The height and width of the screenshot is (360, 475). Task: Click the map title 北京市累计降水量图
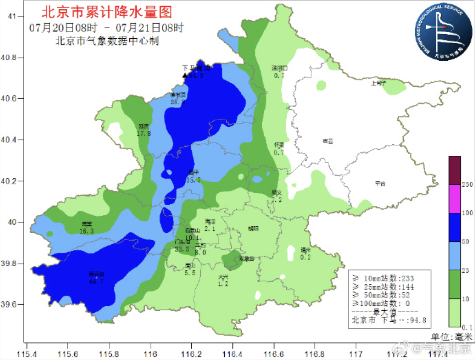[x=106, y=11]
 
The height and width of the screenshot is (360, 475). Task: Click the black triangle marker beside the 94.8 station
[x=185, y=76]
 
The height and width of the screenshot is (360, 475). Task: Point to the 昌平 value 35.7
[x=194, y=180]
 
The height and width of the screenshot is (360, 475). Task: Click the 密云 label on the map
[x=328, y=141]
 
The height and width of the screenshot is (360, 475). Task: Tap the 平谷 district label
[x=380, y=184]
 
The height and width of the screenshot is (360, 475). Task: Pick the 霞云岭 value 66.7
[x=96, y=282]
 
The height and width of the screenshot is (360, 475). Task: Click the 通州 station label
[x=305, y=250]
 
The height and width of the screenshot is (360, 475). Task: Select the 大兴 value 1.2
[x=223, y=284]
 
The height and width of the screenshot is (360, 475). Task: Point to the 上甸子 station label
[x=378, y=82]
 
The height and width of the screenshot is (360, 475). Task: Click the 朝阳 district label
[x=253, y=228]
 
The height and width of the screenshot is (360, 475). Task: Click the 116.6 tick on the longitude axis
[x=273, y=353]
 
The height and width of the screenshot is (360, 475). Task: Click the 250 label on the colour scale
[x=467, y=185]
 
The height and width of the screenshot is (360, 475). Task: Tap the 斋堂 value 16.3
[x=87, y=231]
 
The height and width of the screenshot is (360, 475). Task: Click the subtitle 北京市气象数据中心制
[x=107, y=41]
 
